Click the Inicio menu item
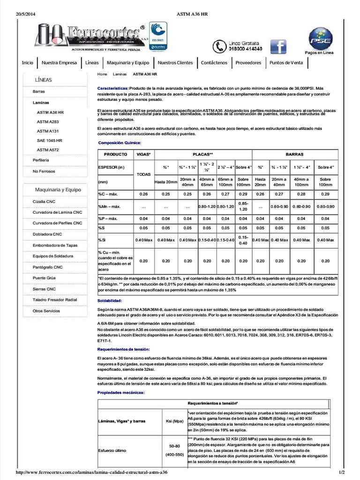(28, 63)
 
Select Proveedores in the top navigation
(248, 63)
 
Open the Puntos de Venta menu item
(286, 63)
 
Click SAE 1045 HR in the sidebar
(49, 140)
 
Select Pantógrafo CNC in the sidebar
(47, 267)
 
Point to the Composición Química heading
(119, 142)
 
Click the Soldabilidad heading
(110, 300)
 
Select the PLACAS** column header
(203, 154)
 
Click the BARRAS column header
(294, 154)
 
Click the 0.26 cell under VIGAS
(143, 194)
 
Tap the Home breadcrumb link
(102, 74)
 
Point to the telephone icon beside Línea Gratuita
(219, 46)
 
